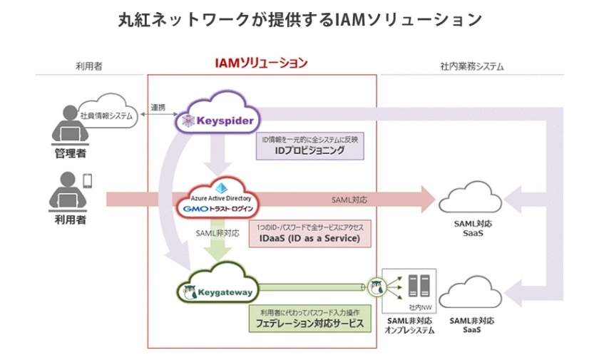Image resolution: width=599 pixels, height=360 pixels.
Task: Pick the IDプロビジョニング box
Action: [x=311, y=145]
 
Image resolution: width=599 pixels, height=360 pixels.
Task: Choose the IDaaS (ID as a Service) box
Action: [x=310, y=232]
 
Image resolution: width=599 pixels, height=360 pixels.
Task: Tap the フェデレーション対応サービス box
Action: [x=309, y=318]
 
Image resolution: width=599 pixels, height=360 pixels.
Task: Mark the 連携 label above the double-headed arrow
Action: [x=158, y=107]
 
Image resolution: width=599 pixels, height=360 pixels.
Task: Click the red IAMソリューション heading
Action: [x=261, y=63]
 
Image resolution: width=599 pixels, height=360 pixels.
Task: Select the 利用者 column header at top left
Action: [x=89, y=66]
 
